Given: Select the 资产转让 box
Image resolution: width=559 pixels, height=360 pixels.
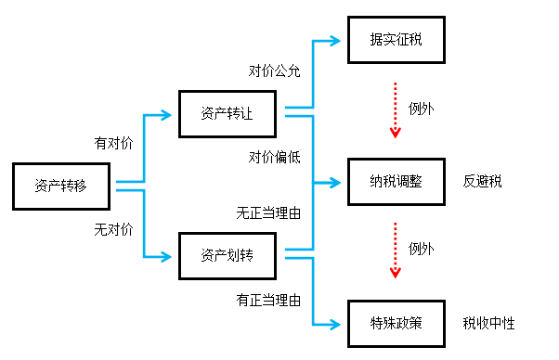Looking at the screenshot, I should [x=227, y=114].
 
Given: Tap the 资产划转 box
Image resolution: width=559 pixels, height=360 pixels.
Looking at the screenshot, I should [x=227, y=253].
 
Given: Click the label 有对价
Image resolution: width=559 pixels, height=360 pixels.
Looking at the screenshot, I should [x=113, y=144].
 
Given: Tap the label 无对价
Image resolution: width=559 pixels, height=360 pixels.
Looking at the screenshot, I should [x=113, y=227].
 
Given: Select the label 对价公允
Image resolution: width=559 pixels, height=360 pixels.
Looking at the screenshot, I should [x=274, y=71].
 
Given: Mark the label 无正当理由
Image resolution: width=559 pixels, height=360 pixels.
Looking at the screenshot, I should [x=268, y=212].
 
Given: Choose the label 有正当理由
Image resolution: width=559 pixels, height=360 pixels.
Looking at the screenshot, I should [x=268, y=300].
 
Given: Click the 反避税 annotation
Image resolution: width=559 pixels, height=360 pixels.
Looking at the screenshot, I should [x=482, y=181].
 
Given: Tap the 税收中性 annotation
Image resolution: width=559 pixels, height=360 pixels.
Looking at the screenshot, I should [x=488, y=323].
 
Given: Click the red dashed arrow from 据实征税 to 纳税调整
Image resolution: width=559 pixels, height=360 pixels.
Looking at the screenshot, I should [x=395, y=109].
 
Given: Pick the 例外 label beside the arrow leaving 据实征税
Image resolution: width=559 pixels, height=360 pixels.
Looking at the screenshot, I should [x=422, y=109].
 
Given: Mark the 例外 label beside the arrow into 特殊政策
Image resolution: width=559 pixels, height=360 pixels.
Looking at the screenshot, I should [x=422, y=250].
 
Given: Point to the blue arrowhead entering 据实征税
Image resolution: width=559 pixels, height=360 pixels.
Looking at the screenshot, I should [x=336, y=41].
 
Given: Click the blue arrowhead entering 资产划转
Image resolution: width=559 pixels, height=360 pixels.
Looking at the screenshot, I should [x=169, y=254].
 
